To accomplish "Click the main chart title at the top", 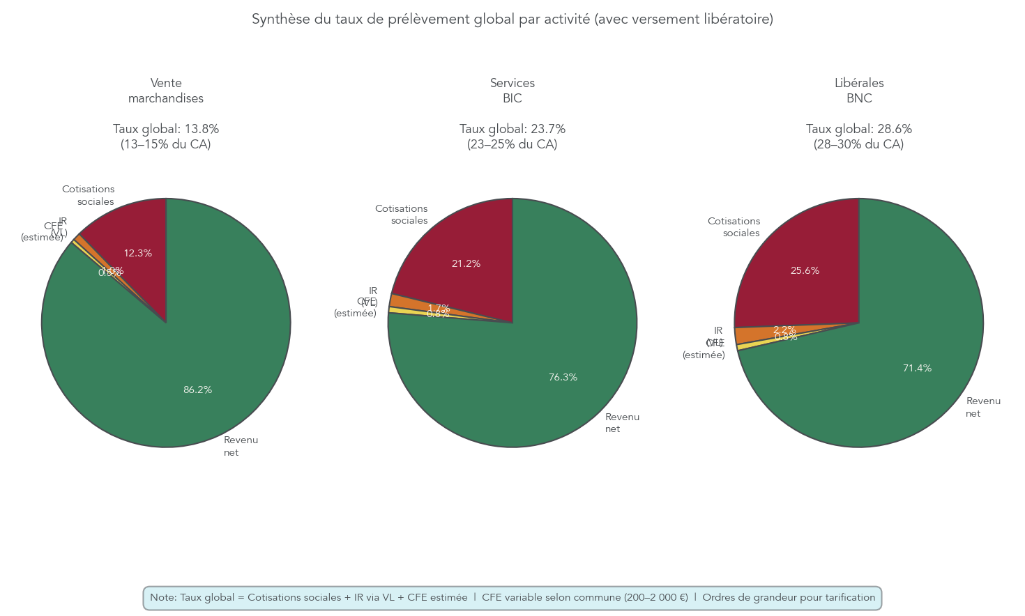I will pos(512,20).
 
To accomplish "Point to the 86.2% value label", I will pos(197,390).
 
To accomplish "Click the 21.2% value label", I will pos(466,264).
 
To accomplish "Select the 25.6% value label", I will pos(805,271).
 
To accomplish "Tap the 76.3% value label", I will pos(563,378).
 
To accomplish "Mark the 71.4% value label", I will pos(917,369).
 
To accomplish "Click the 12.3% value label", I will pos(137,254).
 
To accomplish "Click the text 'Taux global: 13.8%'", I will pos(166,130).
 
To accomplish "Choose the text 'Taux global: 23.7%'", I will pos(512,130).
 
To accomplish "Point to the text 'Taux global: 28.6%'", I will pos(859,130).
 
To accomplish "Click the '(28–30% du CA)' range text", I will pos(859,145).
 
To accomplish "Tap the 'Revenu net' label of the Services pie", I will pos(622,423).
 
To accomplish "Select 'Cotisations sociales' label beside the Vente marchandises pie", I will pos(89,195).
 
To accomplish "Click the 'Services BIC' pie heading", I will pos(512,91).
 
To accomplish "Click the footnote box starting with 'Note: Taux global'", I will pos(512,598).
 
